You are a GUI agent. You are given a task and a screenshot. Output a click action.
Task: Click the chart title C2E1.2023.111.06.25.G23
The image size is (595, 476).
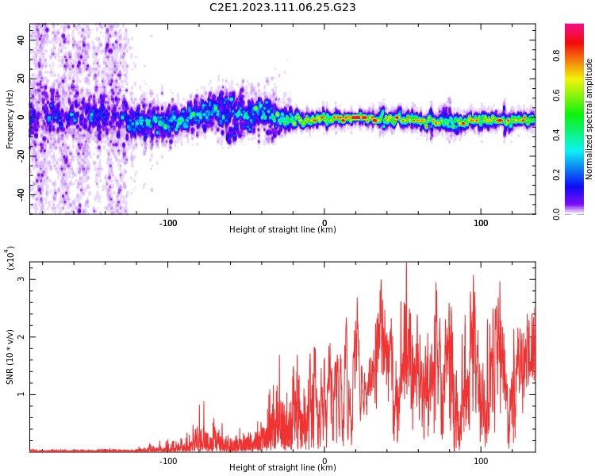tap(282, 7)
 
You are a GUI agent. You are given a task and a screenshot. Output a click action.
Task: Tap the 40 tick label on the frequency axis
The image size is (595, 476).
tap(21, 39)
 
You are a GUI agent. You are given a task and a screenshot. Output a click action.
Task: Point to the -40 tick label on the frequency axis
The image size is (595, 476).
tap(21, 194)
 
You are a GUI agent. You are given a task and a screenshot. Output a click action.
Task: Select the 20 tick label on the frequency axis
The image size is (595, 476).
tap(21, 78)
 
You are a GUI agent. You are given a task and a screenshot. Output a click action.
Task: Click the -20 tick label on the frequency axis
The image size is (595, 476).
tap(21, 155)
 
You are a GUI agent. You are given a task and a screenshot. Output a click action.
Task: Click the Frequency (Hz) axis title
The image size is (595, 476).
tap(10, 119)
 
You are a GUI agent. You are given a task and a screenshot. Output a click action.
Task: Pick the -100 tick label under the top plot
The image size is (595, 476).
tap(168, 223)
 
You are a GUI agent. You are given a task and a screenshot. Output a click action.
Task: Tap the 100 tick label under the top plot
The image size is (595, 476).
tap(481, 223)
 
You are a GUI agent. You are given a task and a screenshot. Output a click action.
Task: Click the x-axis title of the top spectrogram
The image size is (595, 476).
tap(282, 230)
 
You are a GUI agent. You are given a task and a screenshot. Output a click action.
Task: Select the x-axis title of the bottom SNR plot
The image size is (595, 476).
tap(282, 467)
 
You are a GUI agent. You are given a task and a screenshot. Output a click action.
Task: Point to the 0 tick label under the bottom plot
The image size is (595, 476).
tap(324, 460)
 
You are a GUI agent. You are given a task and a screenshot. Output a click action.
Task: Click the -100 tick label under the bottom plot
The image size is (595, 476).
tap(168, 460)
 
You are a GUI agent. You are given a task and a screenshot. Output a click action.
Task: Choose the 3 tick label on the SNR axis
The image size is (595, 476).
tap(21, 279)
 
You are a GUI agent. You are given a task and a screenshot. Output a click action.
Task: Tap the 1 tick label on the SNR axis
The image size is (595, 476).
tap(21, 394)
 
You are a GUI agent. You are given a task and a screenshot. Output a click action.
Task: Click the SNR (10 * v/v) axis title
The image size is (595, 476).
tap(10, 356)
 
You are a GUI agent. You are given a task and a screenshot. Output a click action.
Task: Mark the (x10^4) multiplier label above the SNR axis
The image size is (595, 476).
tap(10, 259)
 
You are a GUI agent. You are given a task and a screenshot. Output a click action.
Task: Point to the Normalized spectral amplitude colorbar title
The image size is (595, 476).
tap(589, 119)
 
